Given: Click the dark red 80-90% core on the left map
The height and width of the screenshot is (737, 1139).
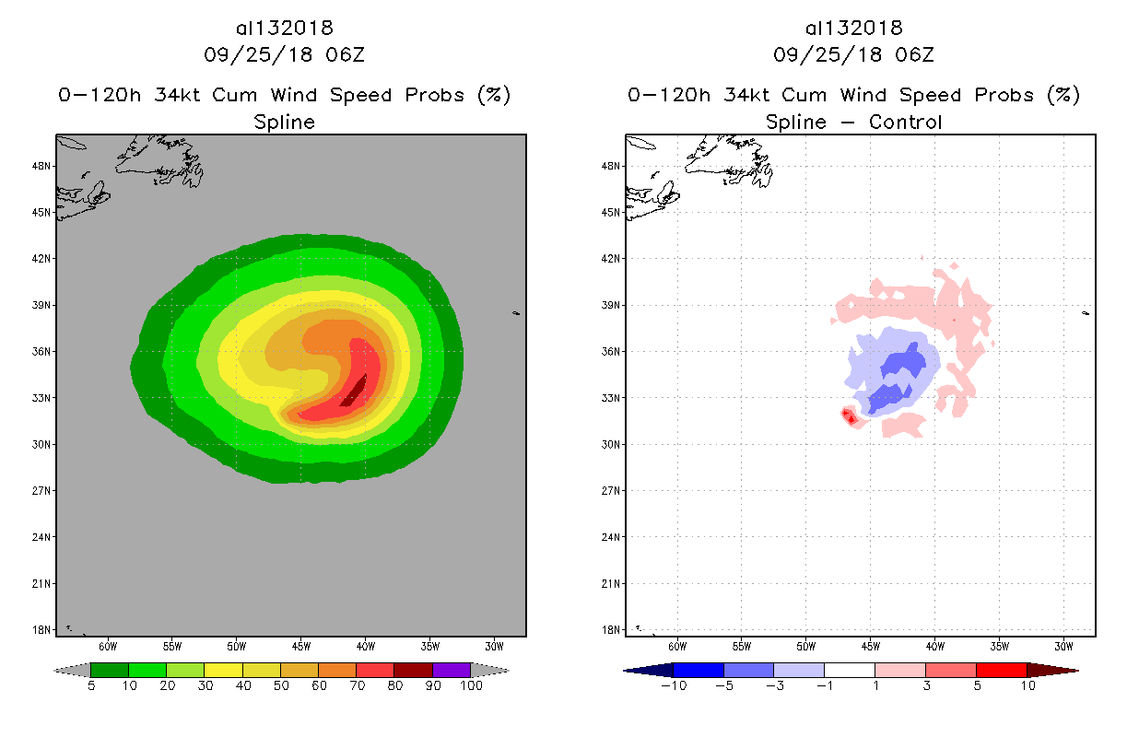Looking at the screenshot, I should coord(355,392).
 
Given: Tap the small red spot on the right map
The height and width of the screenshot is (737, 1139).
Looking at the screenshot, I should coord(850,417).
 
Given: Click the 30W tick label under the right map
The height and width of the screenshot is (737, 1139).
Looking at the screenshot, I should coord(1063,646).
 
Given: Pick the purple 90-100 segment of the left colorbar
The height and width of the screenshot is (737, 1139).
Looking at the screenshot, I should coord(452,670).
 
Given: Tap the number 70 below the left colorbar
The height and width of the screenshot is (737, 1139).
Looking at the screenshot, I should coord(356,686).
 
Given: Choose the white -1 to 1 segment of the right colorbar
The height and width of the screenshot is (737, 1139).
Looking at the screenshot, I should coord(849,670).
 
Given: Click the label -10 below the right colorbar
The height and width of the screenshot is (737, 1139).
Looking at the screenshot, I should coord(673,686).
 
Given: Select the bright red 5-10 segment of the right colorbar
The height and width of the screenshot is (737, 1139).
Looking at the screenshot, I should coord(1001,670).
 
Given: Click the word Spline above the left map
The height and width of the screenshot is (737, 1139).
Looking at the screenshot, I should coord(284,122).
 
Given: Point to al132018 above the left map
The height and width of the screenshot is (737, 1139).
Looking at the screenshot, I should coord(284,28).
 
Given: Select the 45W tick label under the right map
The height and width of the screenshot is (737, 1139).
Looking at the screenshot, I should coord(870,646).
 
